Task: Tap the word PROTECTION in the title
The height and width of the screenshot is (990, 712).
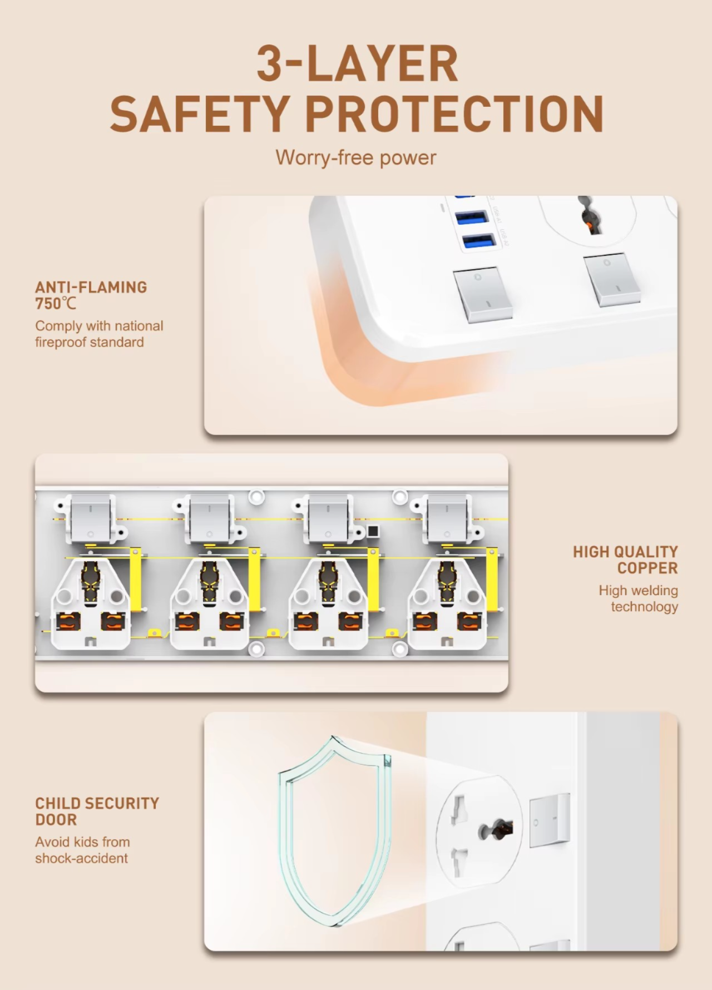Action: (454, 113)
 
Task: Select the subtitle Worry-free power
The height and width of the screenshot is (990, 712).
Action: (356, 157)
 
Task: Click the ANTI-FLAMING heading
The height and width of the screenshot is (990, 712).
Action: (91, 287)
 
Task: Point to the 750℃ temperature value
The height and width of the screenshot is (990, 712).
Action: (56, 304)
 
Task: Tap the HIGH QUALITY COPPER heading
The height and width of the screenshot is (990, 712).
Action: (625, 560)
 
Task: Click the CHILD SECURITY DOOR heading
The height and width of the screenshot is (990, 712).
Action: (97, 811)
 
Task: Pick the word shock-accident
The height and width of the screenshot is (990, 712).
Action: (81, 858)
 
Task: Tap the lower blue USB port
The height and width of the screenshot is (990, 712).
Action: (479, 241)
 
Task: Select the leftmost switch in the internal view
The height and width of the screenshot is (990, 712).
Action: (90, 519)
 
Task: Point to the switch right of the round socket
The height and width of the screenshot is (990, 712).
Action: (550, 820)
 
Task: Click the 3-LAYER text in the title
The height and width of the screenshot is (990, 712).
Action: (357, 63)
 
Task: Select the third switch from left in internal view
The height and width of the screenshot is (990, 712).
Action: (328, 519)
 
